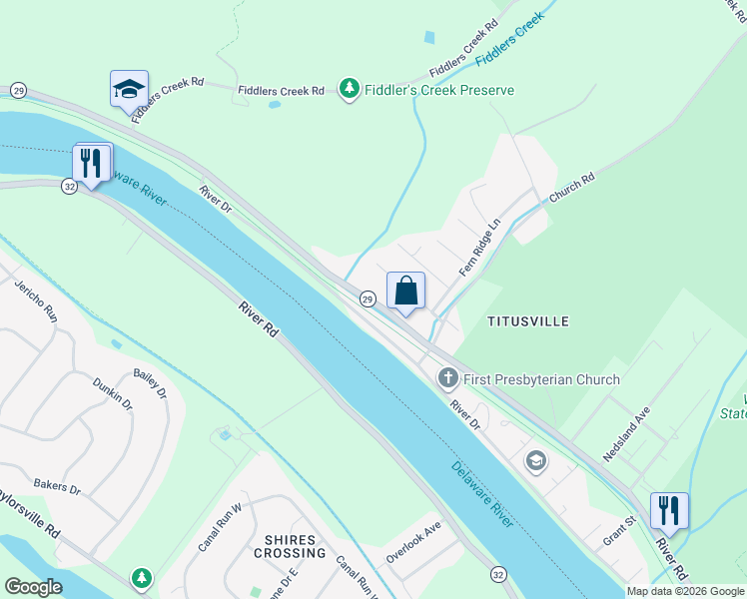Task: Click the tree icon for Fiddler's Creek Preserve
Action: click(349, 90)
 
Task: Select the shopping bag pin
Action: click(405, 292)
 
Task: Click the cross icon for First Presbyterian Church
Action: click(447, 378)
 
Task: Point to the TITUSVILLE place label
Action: click(527, 321)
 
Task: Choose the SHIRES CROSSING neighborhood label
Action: click(296, 546)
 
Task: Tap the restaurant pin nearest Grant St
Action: click(669, 511)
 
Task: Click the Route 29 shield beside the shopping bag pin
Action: click(368, 299)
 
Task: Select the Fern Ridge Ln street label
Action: click(478, 249)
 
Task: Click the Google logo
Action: click(33, 587)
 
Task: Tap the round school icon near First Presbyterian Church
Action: click(536, 460)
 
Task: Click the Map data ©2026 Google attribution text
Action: click(685, 591)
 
